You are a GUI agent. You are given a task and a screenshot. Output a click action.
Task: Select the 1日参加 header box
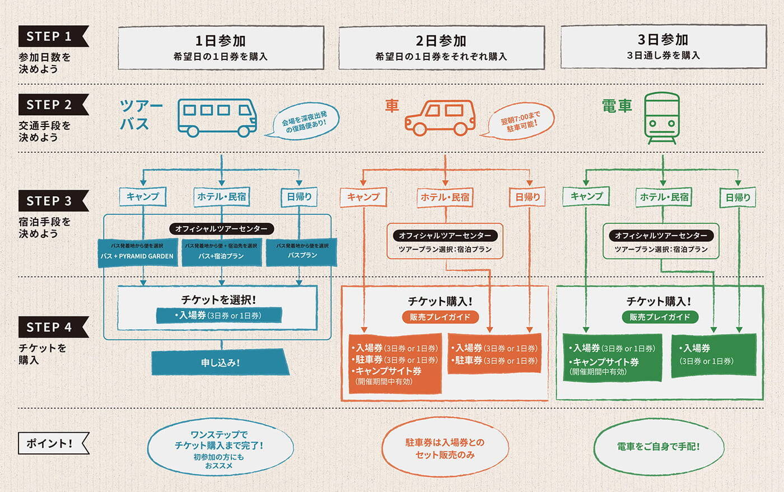click(221, 48)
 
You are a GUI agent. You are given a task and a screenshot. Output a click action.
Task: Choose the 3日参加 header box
click(663, 46)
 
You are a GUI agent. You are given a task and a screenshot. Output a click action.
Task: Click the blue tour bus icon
click(217, 118)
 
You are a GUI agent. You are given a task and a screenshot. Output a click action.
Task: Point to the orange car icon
click(440, 118)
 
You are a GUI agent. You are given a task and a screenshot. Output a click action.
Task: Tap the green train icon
click(661, 118)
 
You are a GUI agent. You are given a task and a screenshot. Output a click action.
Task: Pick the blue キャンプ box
click(143, 196)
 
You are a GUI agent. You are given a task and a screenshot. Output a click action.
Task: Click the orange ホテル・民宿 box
click(445, 197)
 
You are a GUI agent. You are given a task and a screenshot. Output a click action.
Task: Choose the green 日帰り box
click(738, 198)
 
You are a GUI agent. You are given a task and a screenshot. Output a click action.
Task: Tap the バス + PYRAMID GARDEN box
click(137, 252)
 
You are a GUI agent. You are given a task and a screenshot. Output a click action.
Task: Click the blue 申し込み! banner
click(220, 363)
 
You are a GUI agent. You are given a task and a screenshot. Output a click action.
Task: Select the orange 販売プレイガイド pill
click(440, 317)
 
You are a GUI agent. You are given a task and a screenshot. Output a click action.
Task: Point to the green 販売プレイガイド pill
click(659, 317)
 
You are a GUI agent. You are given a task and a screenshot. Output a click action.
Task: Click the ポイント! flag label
click(52, 443)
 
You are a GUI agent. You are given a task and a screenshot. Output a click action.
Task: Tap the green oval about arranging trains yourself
click(659, 447)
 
